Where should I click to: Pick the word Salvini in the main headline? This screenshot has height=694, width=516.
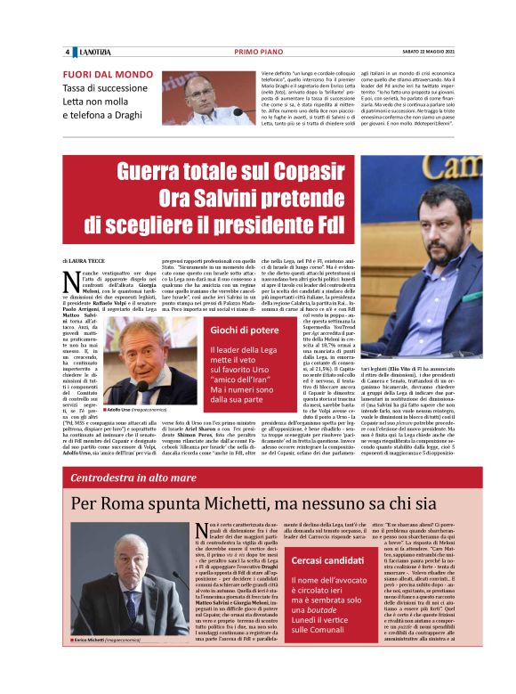[247, 196]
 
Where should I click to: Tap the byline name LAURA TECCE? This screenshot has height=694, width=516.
[96, 259]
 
